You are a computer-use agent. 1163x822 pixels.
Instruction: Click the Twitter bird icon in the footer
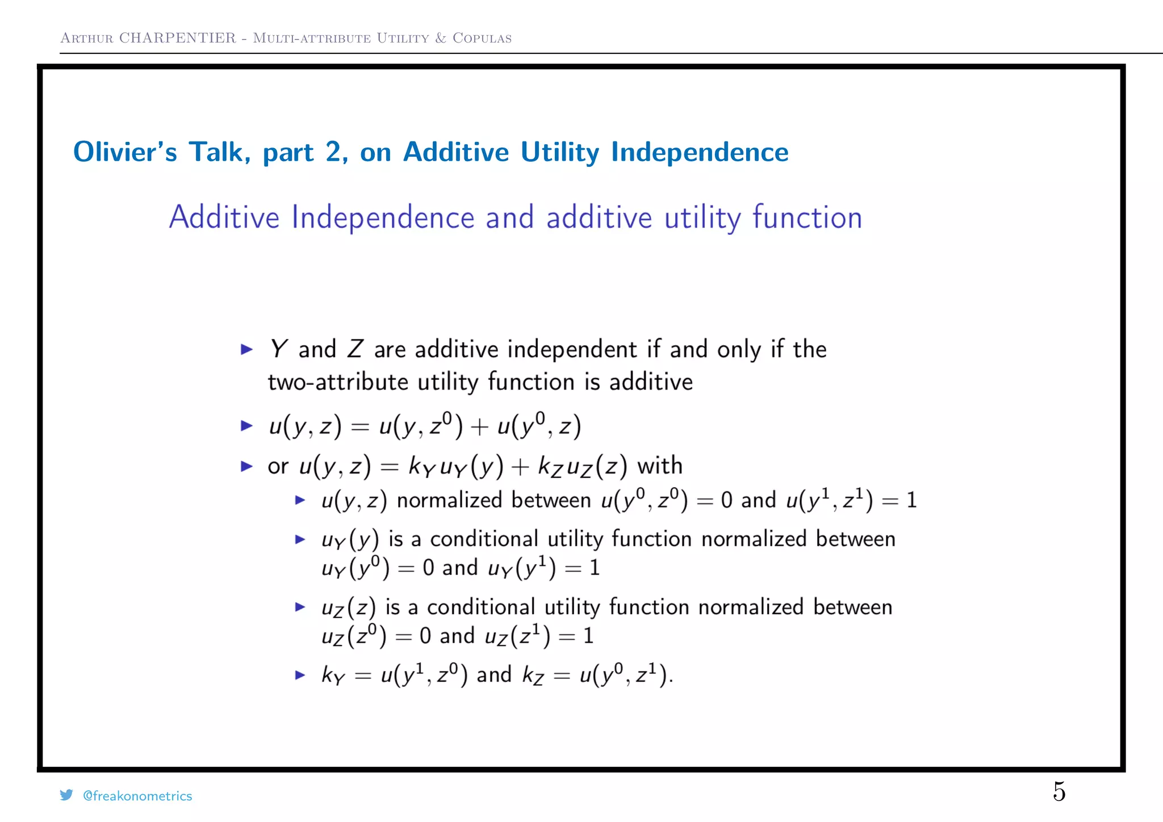tap(66, 795)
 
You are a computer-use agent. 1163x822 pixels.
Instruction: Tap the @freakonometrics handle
tap(137, 796)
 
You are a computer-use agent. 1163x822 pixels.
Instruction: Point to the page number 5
tap(1059, 791)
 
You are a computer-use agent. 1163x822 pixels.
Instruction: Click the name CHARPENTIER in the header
tap(177, 38)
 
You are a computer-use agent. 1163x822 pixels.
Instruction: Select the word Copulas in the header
tap(482, 38)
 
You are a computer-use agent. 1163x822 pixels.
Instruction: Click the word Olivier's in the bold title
tap(125, 152)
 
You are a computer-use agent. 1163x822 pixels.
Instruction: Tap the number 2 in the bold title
tap(333, 152)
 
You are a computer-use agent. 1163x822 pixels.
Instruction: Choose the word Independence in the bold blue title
tap(700, 152)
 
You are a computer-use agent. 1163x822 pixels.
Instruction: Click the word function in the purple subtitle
tap(807, 217)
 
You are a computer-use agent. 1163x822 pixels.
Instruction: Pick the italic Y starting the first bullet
tap(278, 349)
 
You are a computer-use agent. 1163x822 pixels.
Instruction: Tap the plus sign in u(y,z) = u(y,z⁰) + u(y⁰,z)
tap(480, 427)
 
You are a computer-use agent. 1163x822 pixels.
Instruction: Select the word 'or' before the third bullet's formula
tap(278, 467)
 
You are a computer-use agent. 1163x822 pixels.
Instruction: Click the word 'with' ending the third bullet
tap(660, 465)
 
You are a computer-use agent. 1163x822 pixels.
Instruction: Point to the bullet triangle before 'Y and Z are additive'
tap(246, 349)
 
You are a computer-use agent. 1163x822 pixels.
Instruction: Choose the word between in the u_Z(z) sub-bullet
tap(852, 607)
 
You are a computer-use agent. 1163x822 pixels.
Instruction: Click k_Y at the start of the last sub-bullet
tap(333, 676)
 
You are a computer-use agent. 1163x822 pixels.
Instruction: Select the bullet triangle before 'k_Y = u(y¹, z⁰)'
tap(300, 675)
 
